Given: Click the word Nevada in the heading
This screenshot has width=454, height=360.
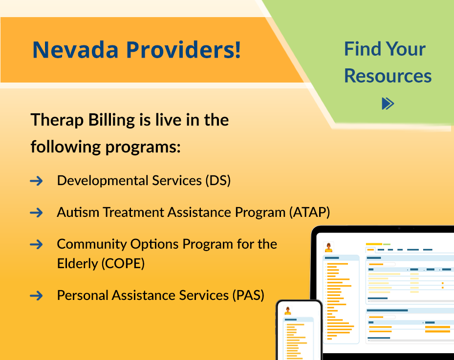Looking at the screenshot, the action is (75, 50).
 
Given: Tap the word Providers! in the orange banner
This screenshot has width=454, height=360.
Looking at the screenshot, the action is (183, 50).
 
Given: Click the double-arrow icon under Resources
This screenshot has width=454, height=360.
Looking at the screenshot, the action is (388, 104).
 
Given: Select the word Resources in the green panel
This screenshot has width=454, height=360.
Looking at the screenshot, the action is (388, 76).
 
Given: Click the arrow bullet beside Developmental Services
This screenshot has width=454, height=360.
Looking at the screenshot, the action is (36, 181).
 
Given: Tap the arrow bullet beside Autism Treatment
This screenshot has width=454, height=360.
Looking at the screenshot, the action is (36, 213).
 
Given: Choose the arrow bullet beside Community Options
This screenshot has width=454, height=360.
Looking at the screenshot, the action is (36, 245).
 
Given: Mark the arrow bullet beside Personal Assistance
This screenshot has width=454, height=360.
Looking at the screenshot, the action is (36, 296).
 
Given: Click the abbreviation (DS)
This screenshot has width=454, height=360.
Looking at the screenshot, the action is (218, 181).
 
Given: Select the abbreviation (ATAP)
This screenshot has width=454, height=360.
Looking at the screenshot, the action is (309, 212).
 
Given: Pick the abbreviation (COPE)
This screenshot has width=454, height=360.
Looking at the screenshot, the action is (123, 264).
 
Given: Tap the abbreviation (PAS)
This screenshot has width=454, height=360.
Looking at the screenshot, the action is (248, 296).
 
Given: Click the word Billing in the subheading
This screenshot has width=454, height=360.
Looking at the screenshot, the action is (111, 120).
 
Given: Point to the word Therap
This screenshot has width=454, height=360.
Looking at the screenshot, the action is (57, 120).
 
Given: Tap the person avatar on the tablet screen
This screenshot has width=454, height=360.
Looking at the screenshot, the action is (328, 248).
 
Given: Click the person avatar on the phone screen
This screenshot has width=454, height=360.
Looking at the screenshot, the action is (287, 311).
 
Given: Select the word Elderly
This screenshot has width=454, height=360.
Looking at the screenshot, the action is (78, 264).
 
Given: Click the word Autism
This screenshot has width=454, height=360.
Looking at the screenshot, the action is (78, 212).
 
